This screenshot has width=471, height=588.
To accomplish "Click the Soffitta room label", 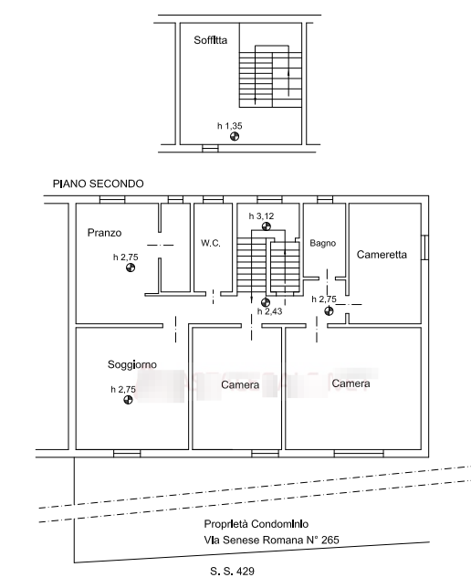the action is (210, 40).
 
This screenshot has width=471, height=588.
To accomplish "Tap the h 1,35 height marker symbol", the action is (235, 136).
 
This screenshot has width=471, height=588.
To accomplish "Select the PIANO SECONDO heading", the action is (99, 184).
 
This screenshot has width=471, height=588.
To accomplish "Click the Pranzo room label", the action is (104, 233).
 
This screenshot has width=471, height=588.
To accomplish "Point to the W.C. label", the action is (211, 243).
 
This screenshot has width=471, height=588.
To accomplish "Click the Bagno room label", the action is (322, 244).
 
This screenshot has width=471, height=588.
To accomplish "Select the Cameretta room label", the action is (382, 255).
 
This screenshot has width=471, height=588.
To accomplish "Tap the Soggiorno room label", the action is (132, 364).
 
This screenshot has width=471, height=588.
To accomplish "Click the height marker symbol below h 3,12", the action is (267, 226).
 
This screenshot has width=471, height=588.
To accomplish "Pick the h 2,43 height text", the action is (269, 311).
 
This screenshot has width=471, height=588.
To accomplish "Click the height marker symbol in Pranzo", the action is (131, 268).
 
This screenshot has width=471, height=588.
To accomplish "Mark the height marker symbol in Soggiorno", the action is (128, 400).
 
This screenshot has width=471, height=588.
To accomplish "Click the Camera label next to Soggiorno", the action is (240, 384).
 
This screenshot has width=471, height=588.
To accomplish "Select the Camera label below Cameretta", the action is (351, 383).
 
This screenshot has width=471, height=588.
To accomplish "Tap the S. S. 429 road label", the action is (232, 572).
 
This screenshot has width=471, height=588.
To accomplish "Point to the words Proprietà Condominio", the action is (256, 524).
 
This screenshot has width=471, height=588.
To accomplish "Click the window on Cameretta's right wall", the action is (424, 247).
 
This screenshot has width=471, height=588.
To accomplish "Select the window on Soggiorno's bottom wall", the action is (127, 454).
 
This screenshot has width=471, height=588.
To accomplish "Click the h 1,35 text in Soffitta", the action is (229, 126).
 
